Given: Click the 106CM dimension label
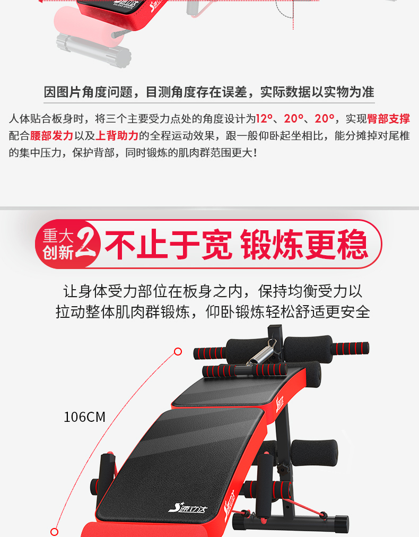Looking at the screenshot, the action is tap(84, 417).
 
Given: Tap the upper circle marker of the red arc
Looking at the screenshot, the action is tap(178, 351).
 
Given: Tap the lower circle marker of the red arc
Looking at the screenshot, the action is tap(54, 532).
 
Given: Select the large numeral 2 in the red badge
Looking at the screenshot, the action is tap(87, 243).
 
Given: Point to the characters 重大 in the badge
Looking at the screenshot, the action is tap(58, 236).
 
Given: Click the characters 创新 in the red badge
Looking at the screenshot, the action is tap(58, 253).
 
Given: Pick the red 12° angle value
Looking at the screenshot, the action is tap(264, 118).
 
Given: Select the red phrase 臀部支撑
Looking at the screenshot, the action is tap(389, 118).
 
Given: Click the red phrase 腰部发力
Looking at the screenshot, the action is tap(51, 136).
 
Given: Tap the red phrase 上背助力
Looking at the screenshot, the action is tap(117, 136).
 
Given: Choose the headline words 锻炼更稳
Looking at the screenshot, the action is tap(304, 244).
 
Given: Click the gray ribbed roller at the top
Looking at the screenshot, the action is tap(94, 50).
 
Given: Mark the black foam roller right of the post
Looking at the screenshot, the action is tap(314, 453).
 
